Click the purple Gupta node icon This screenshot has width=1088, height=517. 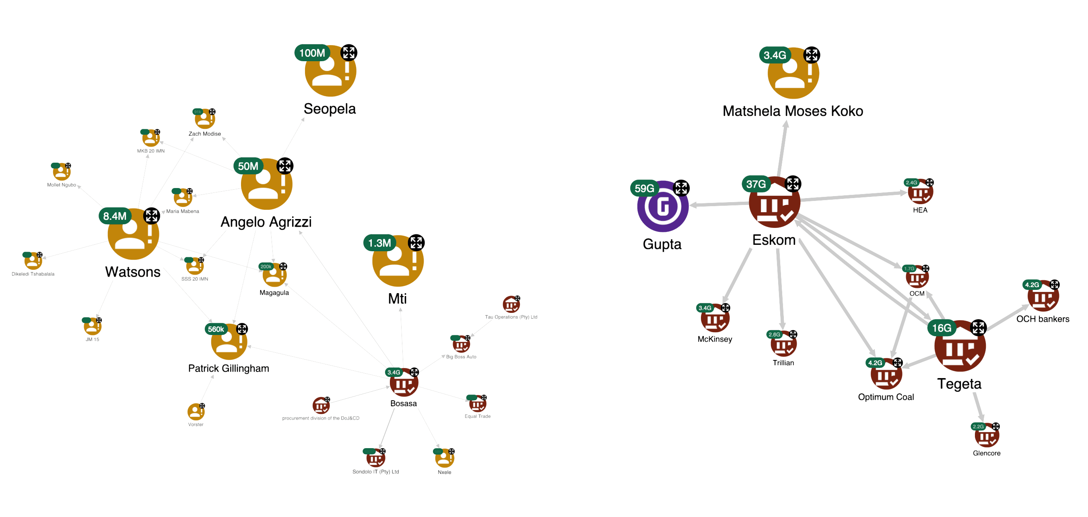(x=663, y=207)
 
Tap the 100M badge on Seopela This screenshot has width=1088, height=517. (x=312, y=53)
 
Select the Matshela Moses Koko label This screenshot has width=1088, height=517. (x=793, y=111)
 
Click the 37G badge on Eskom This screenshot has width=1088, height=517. (x=756, y=184)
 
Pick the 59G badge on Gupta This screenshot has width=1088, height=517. (x=644, y=188)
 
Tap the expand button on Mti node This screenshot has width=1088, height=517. (x=416, y=243)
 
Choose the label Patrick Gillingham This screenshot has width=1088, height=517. (x=229, y=368)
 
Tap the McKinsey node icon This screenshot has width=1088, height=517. (x=715, y=320)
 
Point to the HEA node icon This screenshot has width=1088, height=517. (x=920, y=193)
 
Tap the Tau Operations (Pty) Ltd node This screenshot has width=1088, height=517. (x=511, y=304)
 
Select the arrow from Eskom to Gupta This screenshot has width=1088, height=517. (x=718, y=205)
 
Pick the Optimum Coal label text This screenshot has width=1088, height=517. (x=886, y=397)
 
